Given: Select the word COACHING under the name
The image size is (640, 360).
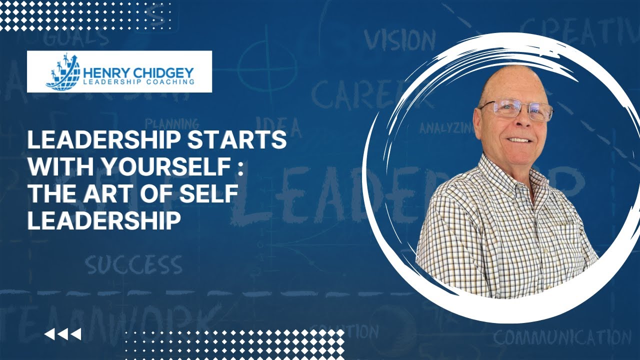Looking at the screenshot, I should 170,81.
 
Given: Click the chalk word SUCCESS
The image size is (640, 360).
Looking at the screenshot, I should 133,265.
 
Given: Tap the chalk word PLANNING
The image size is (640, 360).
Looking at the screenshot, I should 171,123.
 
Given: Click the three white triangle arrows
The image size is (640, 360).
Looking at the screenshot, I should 62,334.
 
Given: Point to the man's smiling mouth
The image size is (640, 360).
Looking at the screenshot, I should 519,140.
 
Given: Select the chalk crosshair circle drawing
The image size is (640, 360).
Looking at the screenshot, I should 260,65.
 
